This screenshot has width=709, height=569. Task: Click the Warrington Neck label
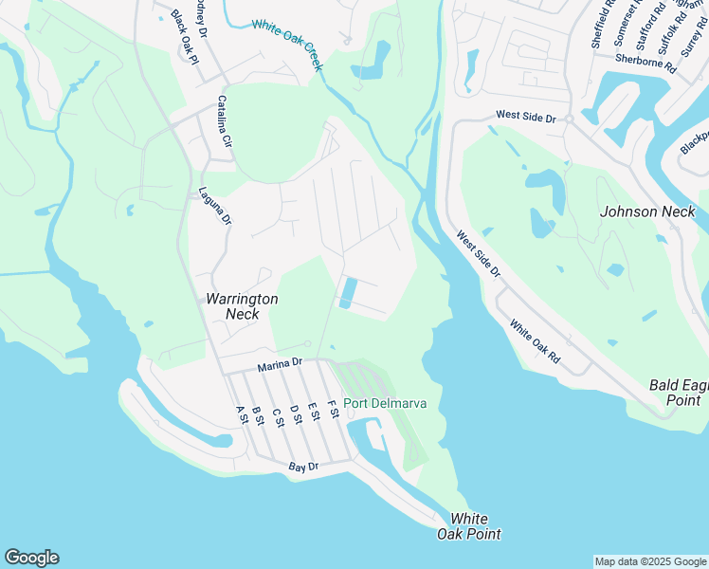pyautogui.click(x=242, y=306)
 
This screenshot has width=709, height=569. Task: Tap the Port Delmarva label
pyautogui.click(x=385, y=403)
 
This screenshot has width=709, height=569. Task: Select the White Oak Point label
pyautogui.click(x=468, y=526)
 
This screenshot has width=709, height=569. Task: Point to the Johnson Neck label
pyautogui.click(x=647, y=211)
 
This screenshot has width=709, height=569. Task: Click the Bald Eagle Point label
pyautogui.click(x=678, y=393)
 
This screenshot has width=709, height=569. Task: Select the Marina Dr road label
pyautogui.click(x=280, y=363)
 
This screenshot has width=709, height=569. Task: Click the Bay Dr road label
pyautogui.click(x=303, y=467)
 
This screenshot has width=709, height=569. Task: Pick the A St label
pyautogui.click(x=240, y=415)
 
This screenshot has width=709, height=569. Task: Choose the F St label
pyautogui.click(x=333, y=410)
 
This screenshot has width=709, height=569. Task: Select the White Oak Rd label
pyautogui.click(x=535, y=342)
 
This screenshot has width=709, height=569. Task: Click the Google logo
pyautogui.click(x=31, y=558)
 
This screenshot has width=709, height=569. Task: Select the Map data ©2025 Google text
pyautogui.click(x=651, y=561)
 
